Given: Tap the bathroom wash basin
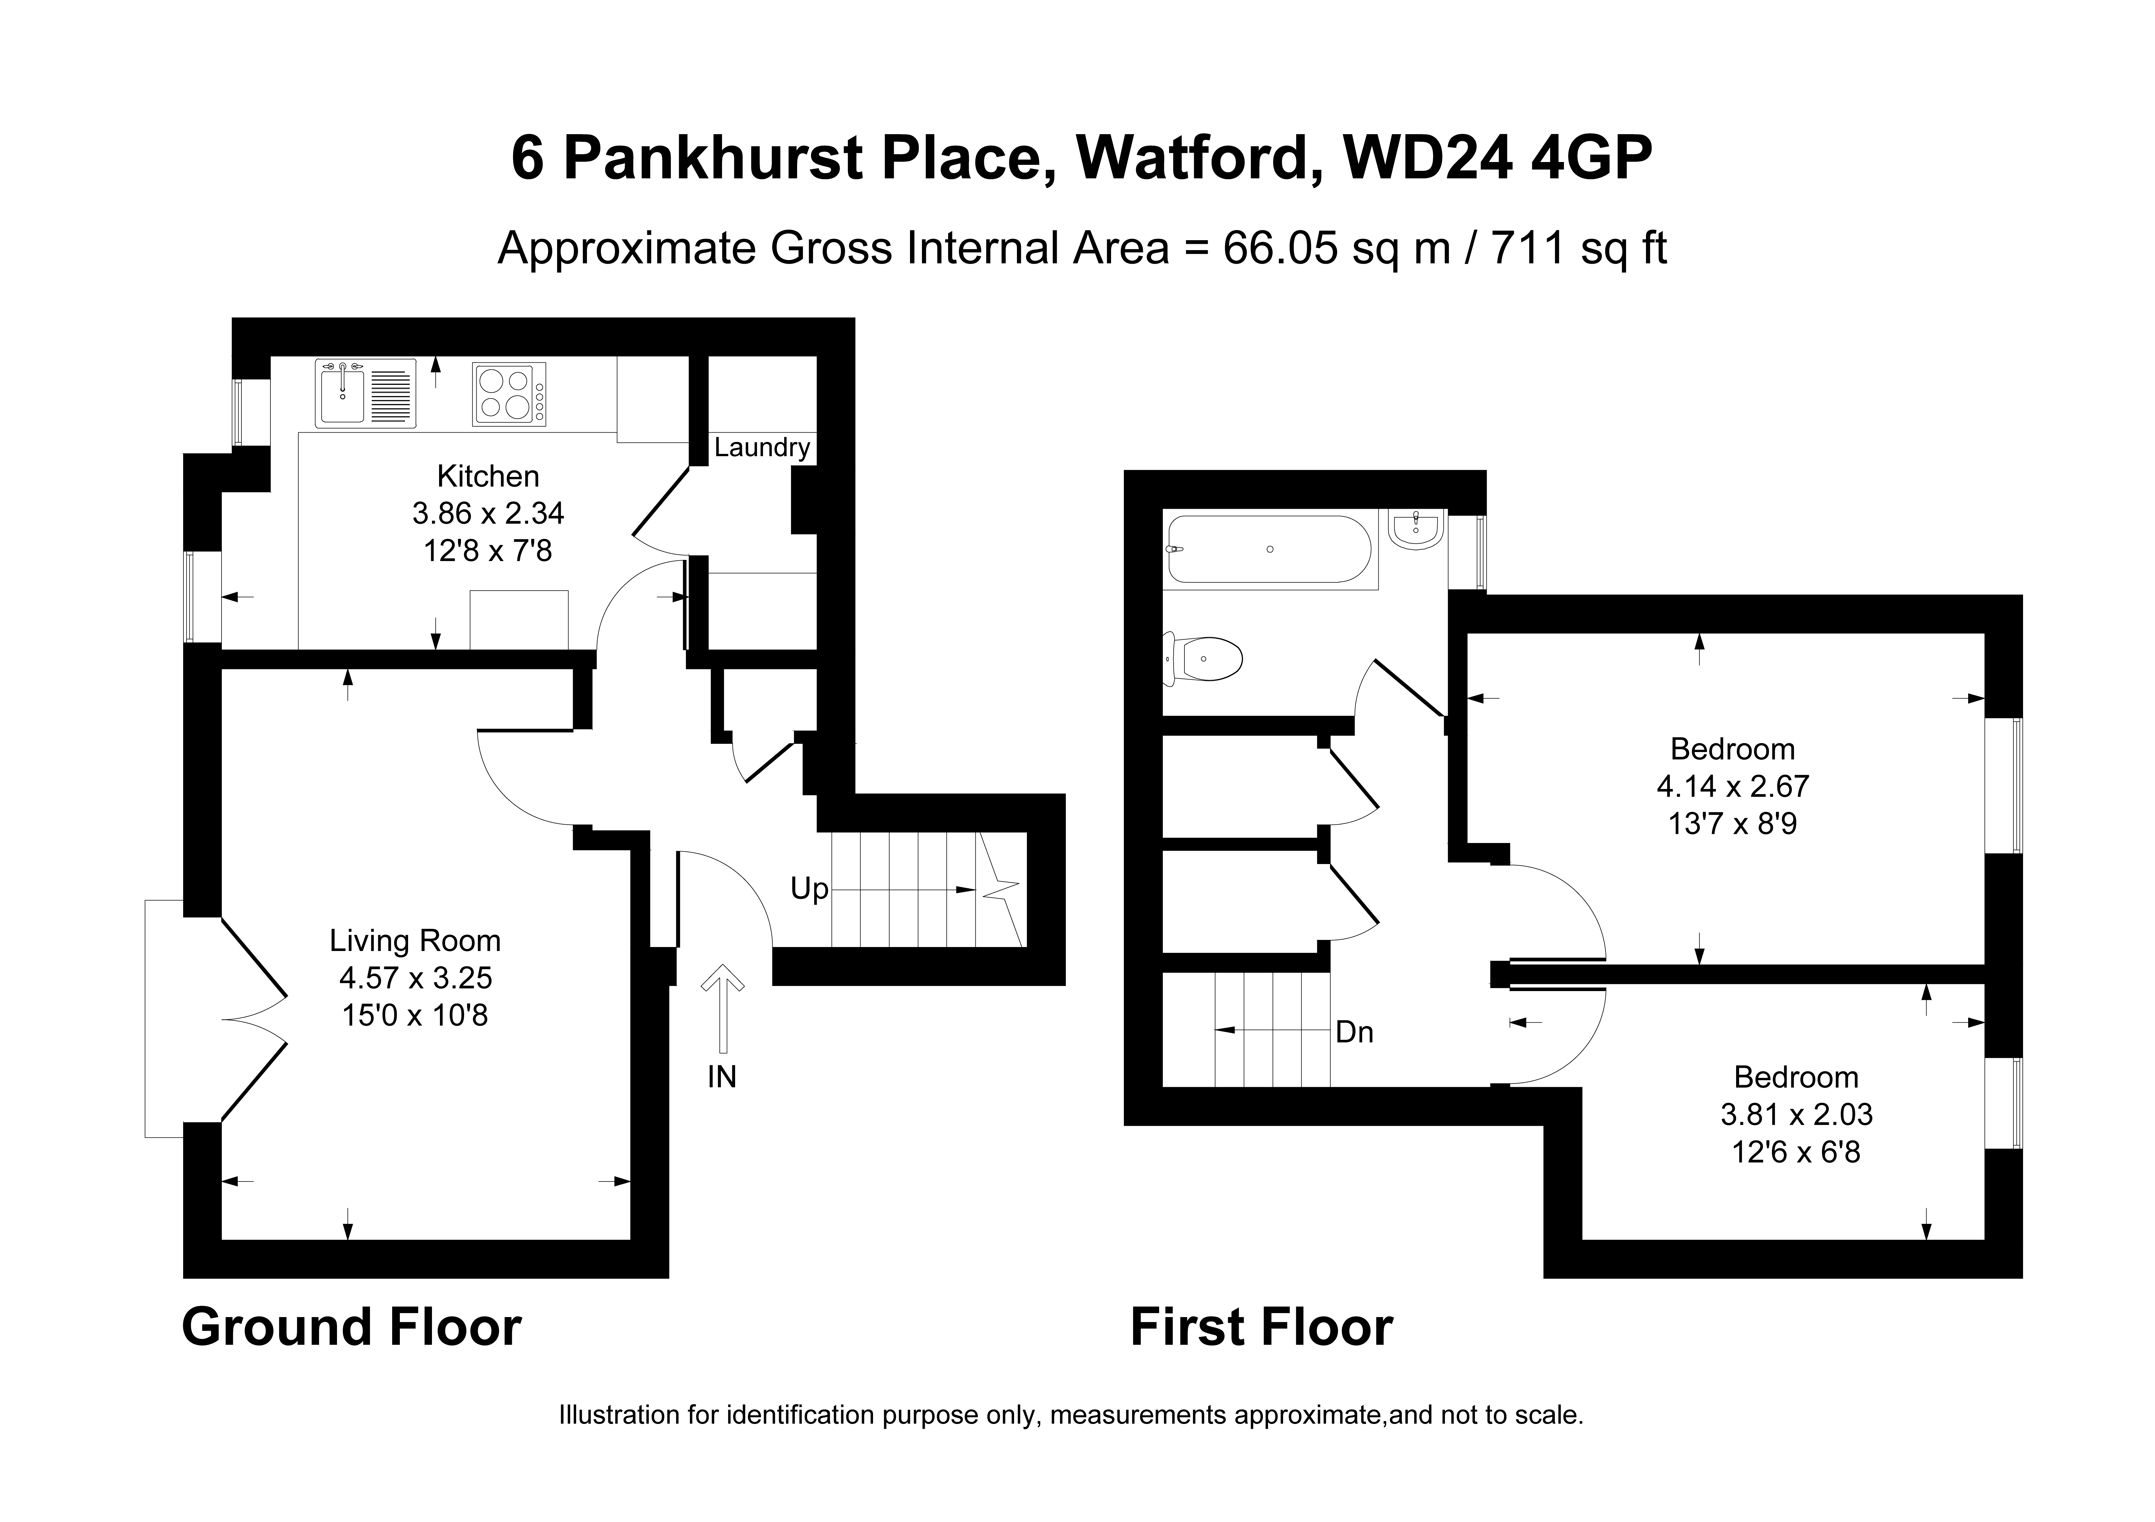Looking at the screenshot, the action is pyautogui.click(x=1415, y=530).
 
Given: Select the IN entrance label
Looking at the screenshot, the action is pyautogui.click(x=722, y=1077).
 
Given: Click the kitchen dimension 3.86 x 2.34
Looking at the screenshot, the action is pyautogui.click(x=488, y=513).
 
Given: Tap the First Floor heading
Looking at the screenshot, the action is pyautogui.click(x=1261, y=1328).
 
